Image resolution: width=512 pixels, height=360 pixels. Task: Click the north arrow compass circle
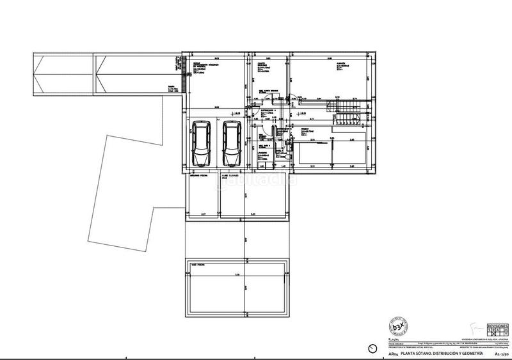373,348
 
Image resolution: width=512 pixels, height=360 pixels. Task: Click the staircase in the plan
348,110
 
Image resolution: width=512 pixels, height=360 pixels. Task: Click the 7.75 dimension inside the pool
237,276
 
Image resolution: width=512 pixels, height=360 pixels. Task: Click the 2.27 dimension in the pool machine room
202,213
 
